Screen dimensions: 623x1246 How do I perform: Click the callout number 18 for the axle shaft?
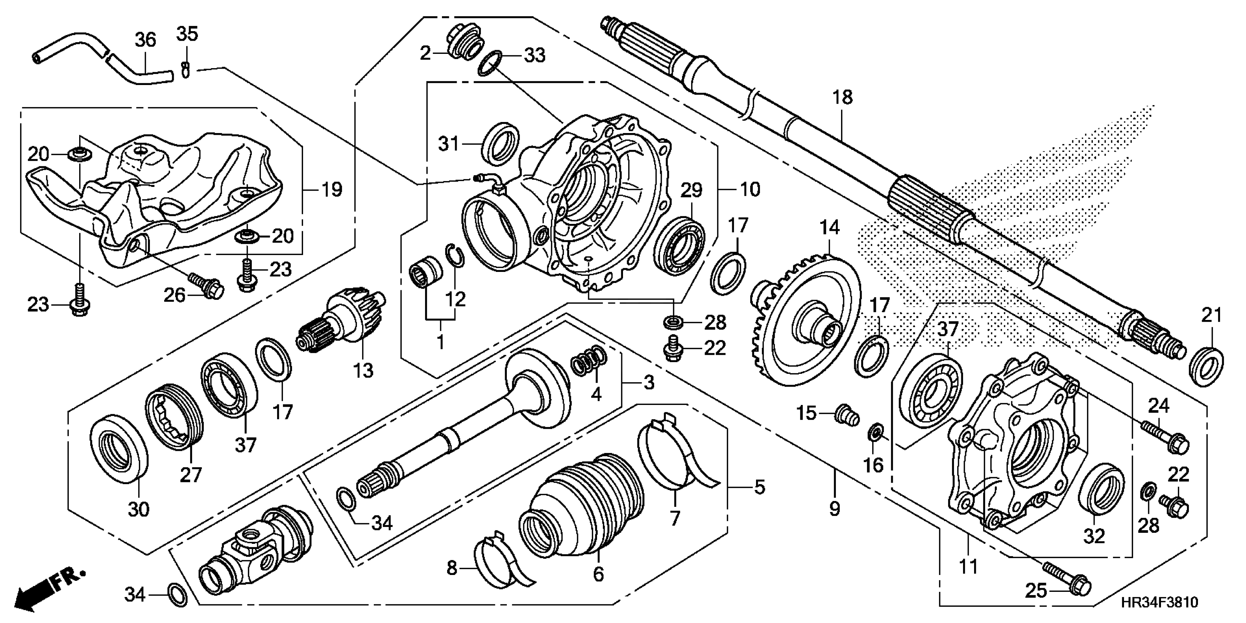[x=842, y=98]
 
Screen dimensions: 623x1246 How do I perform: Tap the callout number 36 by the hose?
[x=145, y=40]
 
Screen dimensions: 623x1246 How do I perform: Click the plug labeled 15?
[x=847, y=416]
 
